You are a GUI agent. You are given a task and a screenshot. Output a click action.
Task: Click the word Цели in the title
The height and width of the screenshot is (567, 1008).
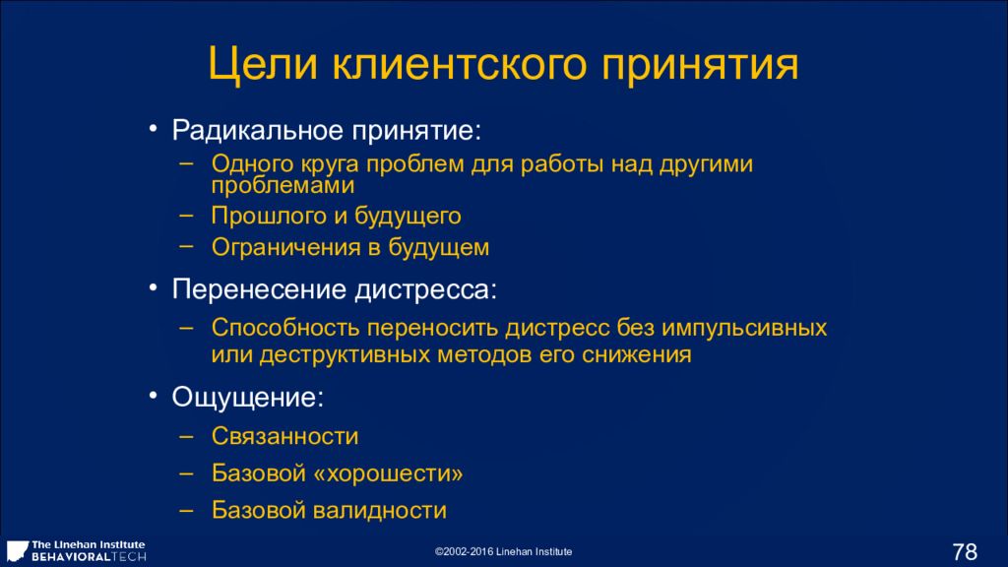[x=262, y=65]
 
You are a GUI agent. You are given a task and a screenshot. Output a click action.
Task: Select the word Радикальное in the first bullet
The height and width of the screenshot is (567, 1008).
[x=257, y=131]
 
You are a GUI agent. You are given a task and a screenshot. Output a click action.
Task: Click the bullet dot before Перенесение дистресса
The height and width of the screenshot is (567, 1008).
[x=153, y=288]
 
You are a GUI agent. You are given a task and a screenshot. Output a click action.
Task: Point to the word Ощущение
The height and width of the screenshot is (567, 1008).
[x=247, y=398]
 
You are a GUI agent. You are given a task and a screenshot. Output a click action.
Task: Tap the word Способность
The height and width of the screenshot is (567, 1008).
[x=285, y=328]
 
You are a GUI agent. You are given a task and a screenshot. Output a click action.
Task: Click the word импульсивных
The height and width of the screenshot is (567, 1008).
[x=744, y=329]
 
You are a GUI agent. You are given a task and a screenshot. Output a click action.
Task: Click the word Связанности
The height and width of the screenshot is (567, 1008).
[x=284, y=436]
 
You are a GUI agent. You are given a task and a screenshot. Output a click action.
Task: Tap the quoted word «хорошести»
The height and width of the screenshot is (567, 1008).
[x=388, y=473]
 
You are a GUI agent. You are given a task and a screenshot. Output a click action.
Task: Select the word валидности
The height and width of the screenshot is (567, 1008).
[x=379, y=511]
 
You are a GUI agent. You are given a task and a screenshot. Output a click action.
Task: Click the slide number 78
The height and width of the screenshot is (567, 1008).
[x=965, y=551]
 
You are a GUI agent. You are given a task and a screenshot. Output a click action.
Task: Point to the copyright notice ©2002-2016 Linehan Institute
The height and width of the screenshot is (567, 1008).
[x=503, y=551]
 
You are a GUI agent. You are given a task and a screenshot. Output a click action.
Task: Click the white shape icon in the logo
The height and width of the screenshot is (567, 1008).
[x=17, y=550]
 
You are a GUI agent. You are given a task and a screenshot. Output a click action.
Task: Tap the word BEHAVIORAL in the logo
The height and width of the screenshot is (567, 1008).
[x=71, y=557]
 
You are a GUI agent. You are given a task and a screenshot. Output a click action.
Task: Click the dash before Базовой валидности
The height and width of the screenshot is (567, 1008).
[x=186, y=511]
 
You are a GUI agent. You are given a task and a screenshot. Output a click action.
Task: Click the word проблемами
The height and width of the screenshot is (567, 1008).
[x=283, y=186]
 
